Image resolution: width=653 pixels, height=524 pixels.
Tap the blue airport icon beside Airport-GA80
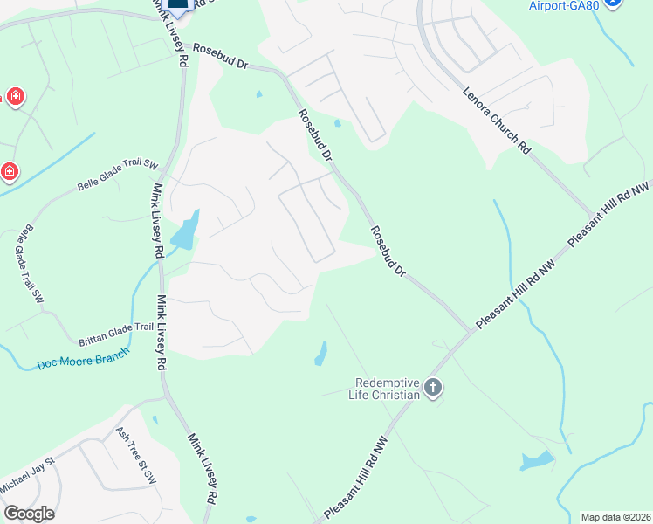(613, 3)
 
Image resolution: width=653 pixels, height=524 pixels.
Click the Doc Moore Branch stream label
(83, 358)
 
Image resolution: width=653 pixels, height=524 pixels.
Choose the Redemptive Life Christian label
(388, 389)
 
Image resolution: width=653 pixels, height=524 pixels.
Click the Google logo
(29, 514)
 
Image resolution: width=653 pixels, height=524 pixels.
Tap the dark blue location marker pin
(177, 5)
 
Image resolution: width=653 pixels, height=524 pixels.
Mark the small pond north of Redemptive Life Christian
(321, 353)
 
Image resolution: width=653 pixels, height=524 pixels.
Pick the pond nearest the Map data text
(535, 460)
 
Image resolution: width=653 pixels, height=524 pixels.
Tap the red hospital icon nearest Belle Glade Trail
(9, 171)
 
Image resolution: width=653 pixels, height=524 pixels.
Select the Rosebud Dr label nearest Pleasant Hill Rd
(388, 252)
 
